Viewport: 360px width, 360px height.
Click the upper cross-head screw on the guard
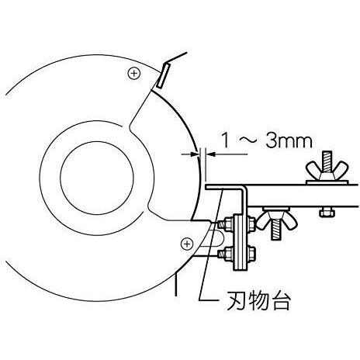pos(134,74)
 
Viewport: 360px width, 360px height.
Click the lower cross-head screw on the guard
pos(187,244)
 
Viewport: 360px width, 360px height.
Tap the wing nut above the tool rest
pos(327,171)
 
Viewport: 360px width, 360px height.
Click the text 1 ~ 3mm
pos(267,141)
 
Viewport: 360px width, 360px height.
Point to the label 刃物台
pos(258,301)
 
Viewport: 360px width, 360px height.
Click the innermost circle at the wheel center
pos(97,178)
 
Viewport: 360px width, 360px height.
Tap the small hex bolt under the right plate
pos(327,213)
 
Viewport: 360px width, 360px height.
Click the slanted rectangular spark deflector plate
pos(163,76)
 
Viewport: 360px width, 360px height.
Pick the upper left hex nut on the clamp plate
pos(227,223)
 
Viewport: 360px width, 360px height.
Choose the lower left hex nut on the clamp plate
pos(227,254)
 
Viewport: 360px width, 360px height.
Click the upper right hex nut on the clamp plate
pos(251,223)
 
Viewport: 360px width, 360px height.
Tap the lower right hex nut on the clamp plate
pos(251,254)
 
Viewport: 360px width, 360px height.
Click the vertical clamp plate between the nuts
pos(240,242)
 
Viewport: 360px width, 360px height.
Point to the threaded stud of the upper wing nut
pos(327,161)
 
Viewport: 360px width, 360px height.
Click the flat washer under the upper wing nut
pos(327,182)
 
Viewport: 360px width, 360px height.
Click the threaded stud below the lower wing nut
pos(276,230)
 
